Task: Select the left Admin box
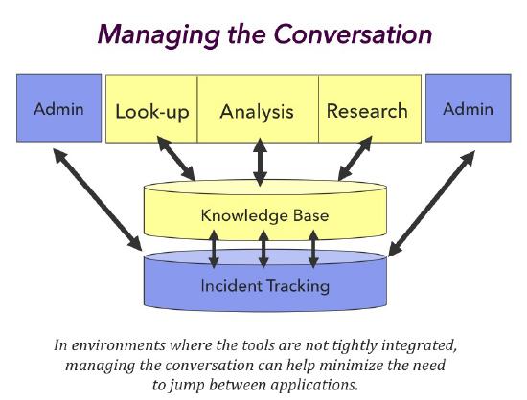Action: pos(58,108)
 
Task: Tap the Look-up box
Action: pos(151,111)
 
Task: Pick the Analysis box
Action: pos(257,111)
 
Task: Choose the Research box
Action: pos(366,111)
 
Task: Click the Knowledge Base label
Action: pos(264,215)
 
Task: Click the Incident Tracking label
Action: pos(264,285)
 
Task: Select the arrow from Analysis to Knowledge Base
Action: pos(260,162)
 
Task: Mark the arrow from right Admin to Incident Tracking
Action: pos(430,202)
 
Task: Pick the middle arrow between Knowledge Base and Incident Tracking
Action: pos(263,249)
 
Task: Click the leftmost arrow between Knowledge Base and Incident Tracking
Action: pos(215,249)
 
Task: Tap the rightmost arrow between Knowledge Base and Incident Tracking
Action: pos(312,249)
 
